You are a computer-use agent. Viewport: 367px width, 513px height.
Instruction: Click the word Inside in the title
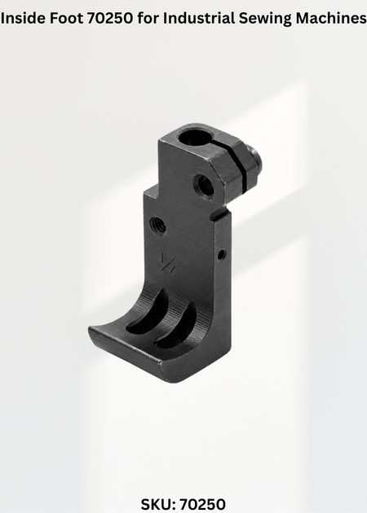click(24, 19)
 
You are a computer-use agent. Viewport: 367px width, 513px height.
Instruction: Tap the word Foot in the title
click(67, 19)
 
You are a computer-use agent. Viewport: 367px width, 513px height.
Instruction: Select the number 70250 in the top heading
click(110, 19)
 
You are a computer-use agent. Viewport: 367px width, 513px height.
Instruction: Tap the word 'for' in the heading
click(148, 19)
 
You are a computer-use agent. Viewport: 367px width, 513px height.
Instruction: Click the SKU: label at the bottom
click(158, 504)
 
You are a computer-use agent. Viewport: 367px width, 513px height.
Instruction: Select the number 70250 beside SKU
click(203, 504)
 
